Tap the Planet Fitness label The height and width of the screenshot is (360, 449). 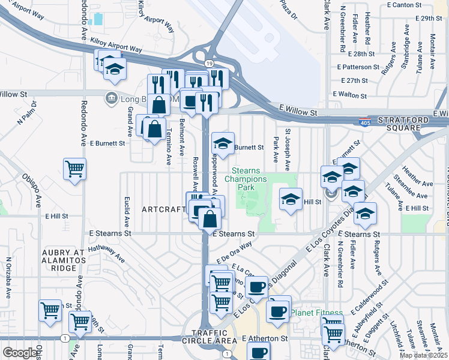point(317,313)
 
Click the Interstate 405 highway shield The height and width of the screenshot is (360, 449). point(364,122)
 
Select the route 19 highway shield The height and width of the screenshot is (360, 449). point(208,63)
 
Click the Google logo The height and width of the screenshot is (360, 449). point(20,353)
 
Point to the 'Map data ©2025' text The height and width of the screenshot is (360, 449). point(423,355)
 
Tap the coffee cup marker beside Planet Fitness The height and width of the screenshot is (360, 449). point(279,311)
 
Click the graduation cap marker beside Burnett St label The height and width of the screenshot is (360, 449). point(223,145)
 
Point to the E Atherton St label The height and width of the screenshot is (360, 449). point(265,338)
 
